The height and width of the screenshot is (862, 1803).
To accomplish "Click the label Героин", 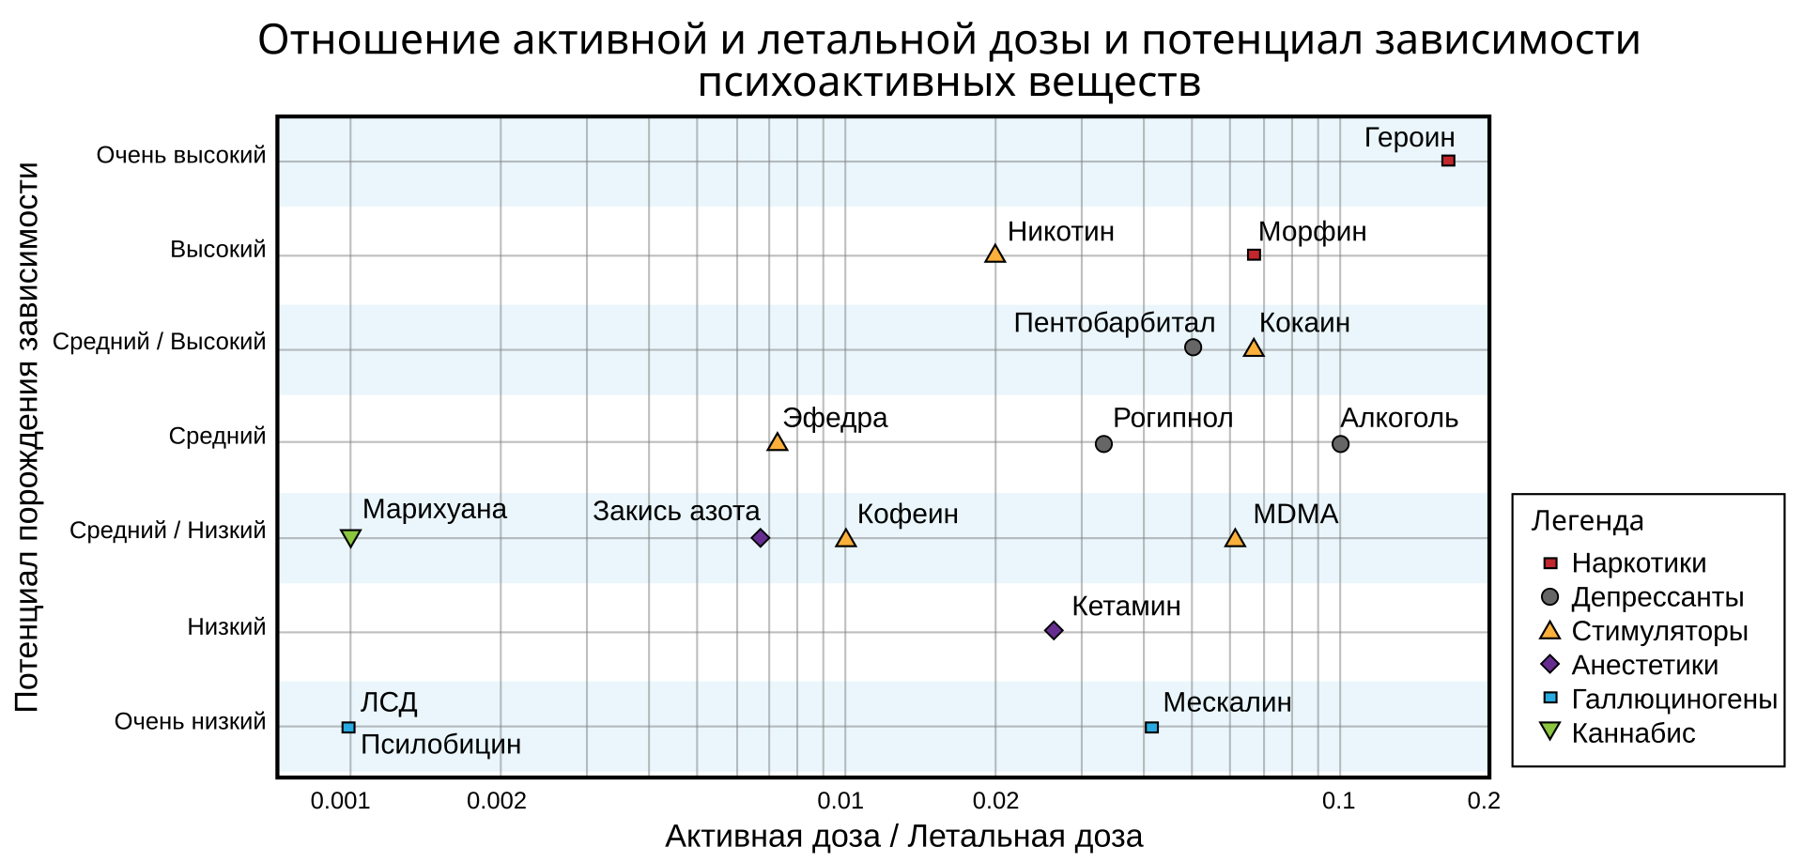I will coord(1409,138).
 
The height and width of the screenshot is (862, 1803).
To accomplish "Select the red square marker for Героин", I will coord(1448,161).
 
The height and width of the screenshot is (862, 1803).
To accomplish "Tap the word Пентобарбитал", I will coord(1114,323).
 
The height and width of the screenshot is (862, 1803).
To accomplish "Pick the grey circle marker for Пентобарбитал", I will coord(1193,347).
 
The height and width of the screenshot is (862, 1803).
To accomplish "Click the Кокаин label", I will coord(1304,323).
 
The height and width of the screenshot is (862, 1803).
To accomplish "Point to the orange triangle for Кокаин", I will coord(1254,348).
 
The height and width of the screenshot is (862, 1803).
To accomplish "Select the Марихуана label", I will coord(434,509).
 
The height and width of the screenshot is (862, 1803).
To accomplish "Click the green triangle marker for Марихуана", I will coord(350,538).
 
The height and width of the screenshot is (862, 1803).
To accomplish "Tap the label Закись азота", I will coord(676,511).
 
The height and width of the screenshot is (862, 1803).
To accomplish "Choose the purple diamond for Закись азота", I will coord(761,538).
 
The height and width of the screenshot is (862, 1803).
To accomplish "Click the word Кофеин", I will coord(907,515).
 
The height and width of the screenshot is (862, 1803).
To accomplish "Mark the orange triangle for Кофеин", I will coord(846,538).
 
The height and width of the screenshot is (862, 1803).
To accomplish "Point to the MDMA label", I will coord(1295,515).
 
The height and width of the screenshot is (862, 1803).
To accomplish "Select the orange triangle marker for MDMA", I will coord(1235,538).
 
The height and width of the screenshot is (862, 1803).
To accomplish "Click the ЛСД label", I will coord(389,702).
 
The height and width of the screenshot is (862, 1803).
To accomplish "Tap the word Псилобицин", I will coord(440,745).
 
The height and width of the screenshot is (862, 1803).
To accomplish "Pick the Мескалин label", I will coord(1226,702).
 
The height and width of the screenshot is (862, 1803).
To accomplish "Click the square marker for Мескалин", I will coord(1152,728).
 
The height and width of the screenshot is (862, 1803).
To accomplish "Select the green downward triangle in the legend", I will coord(1549,730).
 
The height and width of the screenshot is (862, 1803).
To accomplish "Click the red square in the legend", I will coord(1550,563).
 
